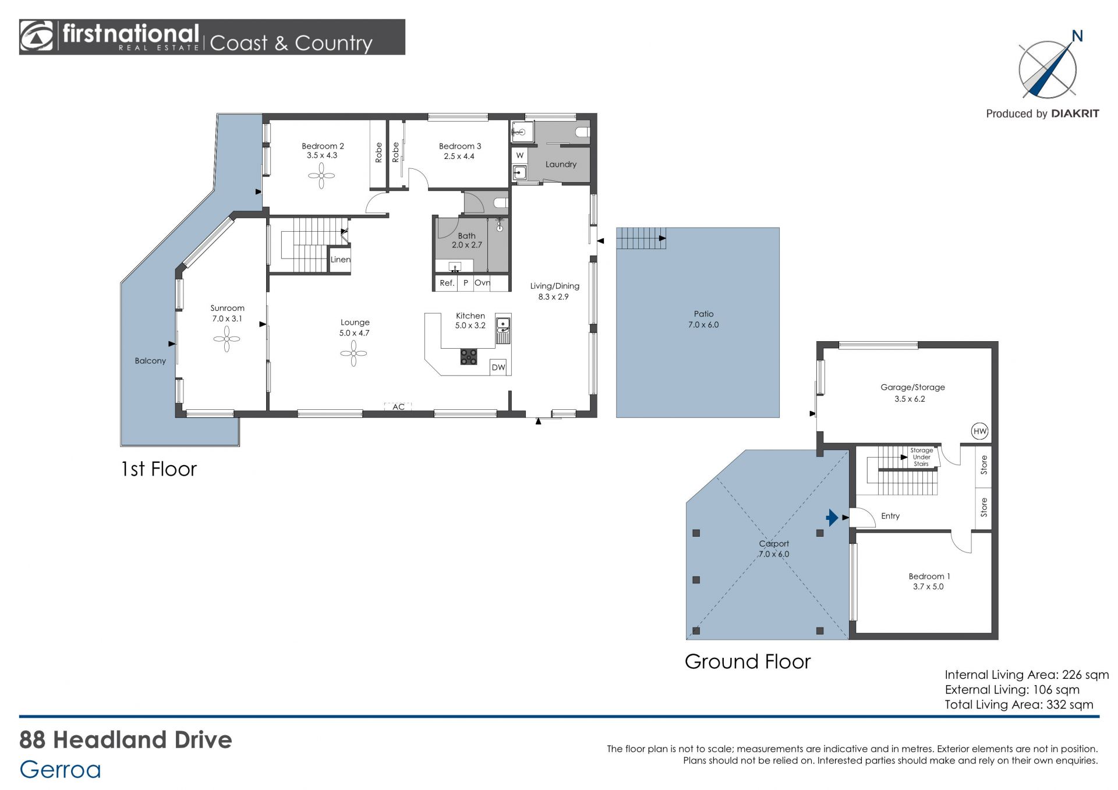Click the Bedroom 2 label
tap(323, 146)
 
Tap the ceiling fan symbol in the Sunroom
tap(227, 339)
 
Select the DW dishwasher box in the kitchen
tap(498, 367)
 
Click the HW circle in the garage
tap(980, 431)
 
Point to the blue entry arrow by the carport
tap(832, 517)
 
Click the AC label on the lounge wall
tap(398, 407)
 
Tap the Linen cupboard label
tap(341, 260)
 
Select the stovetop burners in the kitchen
tap(469, 356)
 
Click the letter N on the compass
tap(1077, 36)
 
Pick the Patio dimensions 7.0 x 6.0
tap(703, 325)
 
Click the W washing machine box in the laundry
tap(520, 155)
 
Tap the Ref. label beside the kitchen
tap(447, 283)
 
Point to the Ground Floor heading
tap(748, 661)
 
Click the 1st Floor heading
tap(159, 469)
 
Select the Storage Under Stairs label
tap(921, 457)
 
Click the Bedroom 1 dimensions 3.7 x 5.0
tap(928, 587)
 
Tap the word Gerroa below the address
tap(61, 770)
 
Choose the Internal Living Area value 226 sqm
tap(1085, 675)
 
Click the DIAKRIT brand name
tap(1075, 114)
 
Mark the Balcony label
tap(150, 361)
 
